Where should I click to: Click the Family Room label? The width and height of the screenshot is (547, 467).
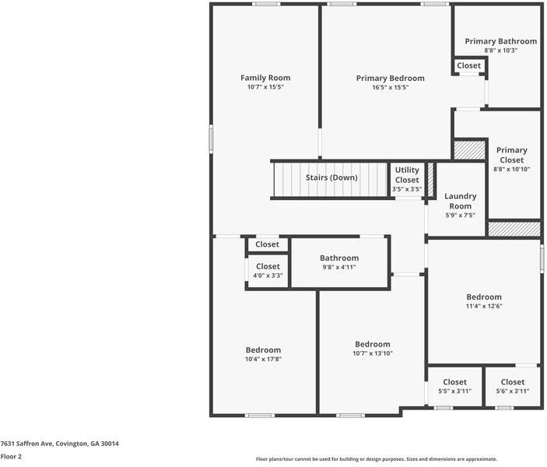[x=265, y=78]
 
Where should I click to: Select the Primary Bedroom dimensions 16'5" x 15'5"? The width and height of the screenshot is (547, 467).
[x=390, y=87]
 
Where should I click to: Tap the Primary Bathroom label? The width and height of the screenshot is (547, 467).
[x=500, y=41]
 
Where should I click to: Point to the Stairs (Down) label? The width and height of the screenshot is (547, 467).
[x=331, y=177]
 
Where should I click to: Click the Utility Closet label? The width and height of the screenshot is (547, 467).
[x=406, y=175]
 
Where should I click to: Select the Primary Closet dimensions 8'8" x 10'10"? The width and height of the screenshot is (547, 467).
[x=511, y=169]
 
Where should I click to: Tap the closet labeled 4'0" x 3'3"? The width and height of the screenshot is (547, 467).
[x=267, y=271]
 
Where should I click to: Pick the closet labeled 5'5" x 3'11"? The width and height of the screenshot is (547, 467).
[x=454, y=386]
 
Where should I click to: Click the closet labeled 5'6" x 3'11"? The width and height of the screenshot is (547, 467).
[x=512, y=386]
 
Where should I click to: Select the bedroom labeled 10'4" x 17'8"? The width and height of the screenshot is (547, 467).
[x=263, y=354]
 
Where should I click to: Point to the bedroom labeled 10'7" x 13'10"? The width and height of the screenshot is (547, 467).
[x=372, y=349]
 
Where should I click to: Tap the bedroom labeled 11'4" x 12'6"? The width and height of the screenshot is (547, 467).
[x=483, y=301]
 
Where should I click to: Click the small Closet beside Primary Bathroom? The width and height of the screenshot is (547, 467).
[x=468, y=66]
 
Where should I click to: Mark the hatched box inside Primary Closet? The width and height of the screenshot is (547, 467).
[x=469, y=149]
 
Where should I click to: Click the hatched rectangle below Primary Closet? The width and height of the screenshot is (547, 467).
[x=514, y=229]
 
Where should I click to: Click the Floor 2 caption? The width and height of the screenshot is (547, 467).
[x=11, y=457]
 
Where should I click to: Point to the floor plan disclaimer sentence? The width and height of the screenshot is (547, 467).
[x=376, y=459]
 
